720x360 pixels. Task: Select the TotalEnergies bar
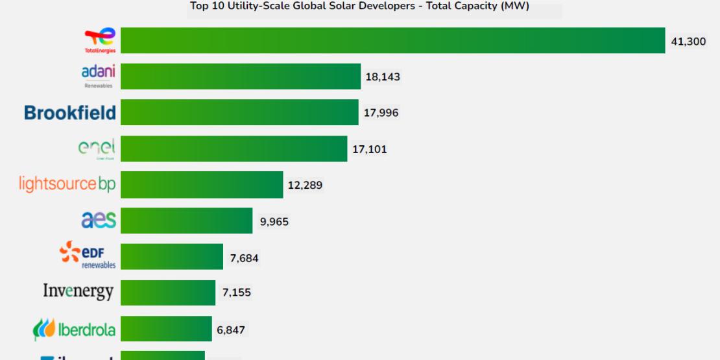[x=392, y=40]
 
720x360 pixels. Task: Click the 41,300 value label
[x=688, y=41]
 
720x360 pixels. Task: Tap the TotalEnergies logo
[x=100, y=40]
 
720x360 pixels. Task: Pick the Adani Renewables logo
[x=98, y=76]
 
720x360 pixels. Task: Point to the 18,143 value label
[x=383, y=77]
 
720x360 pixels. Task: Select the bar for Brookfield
[x=239, y=112]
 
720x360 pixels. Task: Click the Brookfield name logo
[x=70, y=113]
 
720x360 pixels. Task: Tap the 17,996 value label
[x=381, y=113]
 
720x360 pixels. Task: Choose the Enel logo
[x=97, y=149]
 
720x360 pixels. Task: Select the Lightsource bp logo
[x=67, y=184]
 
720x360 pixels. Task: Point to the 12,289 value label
[x=305, y=186]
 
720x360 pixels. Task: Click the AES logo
[x=99, y=221]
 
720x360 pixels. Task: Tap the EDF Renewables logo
[x=88, y=256]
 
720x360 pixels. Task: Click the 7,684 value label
[x=244, y=258]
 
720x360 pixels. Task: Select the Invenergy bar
[x=168, y=293]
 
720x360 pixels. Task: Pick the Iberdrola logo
[x=75, y=330]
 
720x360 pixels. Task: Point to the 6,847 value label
[x=231, y=330]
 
